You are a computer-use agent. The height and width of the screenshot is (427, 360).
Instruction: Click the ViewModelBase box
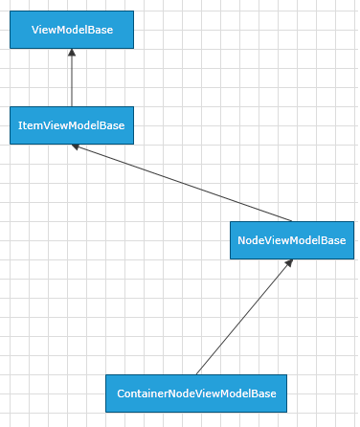point(72,30)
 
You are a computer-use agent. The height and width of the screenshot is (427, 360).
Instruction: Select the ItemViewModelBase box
point(72,125)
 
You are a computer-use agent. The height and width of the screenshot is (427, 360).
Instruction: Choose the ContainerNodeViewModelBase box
point(196,393)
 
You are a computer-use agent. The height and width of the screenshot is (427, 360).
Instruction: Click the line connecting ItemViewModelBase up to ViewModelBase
point(72,81)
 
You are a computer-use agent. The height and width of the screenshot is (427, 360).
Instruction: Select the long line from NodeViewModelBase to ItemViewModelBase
point(182,183)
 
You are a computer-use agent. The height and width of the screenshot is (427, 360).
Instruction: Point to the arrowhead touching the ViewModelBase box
point(72,54)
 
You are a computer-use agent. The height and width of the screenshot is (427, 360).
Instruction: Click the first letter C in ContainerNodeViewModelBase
point(121,393)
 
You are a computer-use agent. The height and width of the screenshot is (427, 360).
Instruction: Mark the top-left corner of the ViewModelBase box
point(10,11)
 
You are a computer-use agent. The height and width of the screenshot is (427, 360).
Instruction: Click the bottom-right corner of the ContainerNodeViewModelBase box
point(287,413)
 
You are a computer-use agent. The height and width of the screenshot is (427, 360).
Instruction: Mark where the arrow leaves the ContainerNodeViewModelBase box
point(196,374)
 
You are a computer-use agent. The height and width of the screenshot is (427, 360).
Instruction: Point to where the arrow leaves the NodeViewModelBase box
point(292,221)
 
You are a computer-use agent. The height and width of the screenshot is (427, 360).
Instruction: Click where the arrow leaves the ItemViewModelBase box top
point(72,106)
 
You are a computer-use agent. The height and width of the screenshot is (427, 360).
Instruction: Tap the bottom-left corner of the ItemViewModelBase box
point(10,145)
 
